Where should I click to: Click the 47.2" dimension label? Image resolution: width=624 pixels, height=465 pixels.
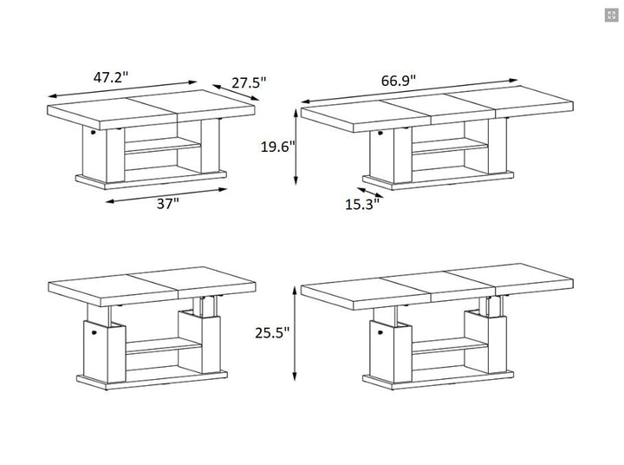(x=111, y=77)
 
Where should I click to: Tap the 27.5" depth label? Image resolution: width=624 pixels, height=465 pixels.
(x=249, y=82)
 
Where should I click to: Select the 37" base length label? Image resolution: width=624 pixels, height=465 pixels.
(x=168, y=204)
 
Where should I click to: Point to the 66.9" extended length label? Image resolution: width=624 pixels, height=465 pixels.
(x=399, y=80)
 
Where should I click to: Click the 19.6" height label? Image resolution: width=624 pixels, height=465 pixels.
(x=278, y=147)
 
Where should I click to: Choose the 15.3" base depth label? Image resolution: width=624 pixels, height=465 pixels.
(x=362, y=205)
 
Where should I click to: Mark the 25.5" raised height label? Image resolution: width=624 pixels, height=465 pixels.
(x=273, y=332)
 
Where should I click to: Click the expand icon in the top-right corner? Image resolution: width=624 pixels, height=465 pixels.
(x=611, y=15)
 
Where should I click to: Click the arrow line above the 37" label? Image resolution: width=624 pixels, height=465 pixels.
(x=166, y=195)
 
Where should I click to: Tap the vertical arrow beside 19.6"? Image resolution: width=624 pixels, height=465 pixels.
(x=296, y=147)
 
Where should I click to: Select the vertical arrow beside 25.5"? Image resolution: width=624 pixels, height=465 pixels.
(x=295, y=334)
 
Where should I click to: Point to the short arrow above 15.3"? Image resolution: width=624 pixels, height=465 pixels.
(x=370, y=193)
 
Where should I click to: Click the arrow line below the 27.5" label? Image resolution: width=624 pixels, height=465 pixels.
(x=236, y=93)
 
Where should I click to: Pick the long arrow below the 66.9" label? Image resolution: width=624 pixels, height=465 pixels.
(x=409, y=91)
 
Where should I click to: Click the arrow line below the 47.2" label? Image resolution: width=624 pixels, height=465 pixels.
(x=122, y=88)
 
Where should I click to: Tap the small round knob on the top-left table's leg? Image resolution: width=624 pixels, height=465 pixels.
(x=93, y=132)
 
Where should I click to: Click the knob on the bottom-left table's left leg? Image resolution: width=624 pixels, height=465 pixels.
(x=94, y=331)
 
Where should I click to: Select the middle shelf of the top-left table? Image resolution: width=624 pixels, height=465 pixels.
(x=162, y=146)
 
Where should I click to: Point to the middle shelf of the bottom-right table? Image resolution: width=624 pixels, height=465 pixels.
(x=450, y=345)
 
